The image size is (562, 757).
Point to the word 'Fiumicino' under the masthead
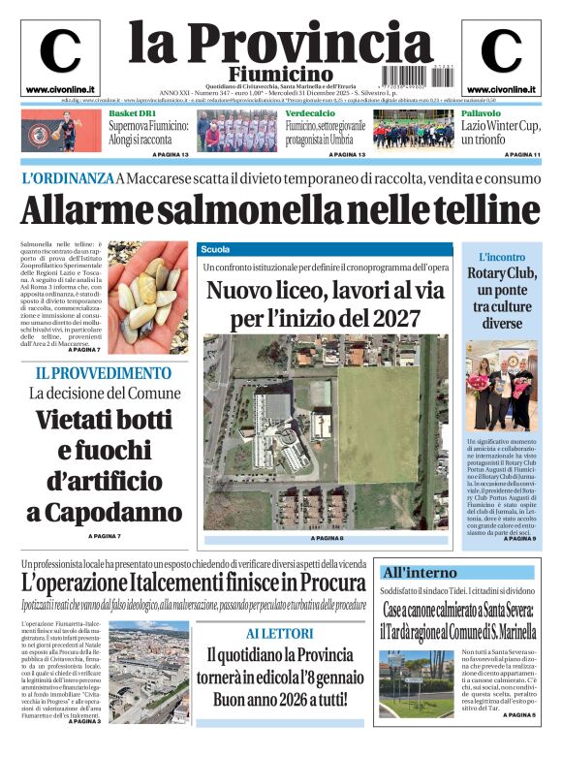pyautogui.click(x=281, y=75)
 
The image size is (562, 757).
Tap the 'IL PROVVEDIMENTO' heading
pyautogui.click(x=103, y=373)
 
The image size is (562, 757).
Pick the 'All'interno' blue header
pyautogui.click(x=419, y=572)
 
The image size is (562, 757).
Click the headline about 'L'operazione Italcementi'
pyautogui.click(x=194, y=583)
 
